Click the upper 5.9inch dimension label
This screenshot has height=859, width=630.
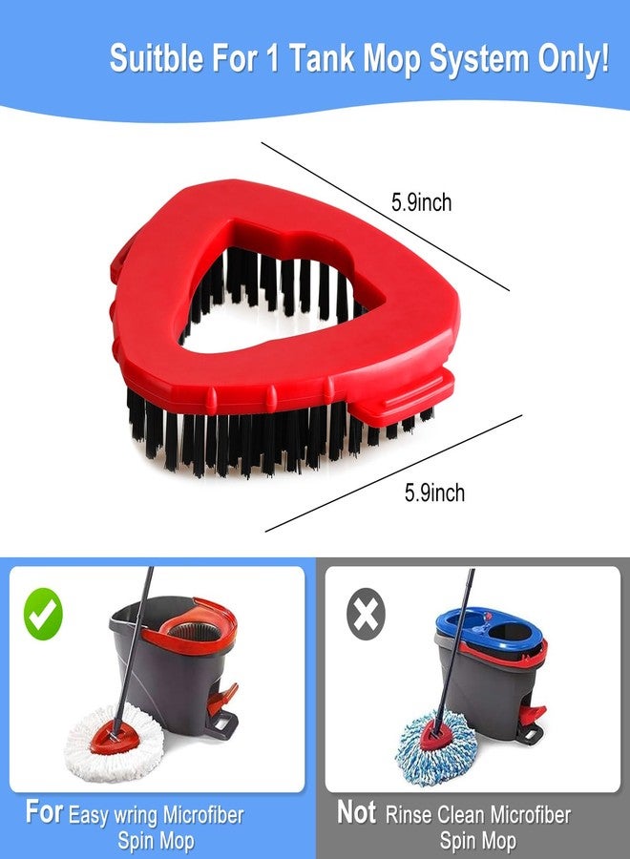[421, 202]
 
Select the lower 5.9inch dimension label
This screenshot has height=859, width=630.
[434, 492]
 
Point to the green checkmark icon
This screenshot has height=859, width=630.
[43, 614]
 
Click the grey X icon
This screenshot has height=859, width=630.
[365, 614]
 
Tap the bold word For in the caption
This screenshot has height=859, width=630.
[44, 813]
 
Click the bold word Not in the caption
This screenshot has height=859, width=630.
[356, 813]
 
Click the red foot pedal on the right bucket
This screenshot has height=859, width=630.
[533, 711]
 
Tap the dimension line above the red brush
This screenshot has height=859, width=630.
[382, 215]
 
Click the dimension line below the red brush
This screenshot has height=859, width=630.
[391, 473]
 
